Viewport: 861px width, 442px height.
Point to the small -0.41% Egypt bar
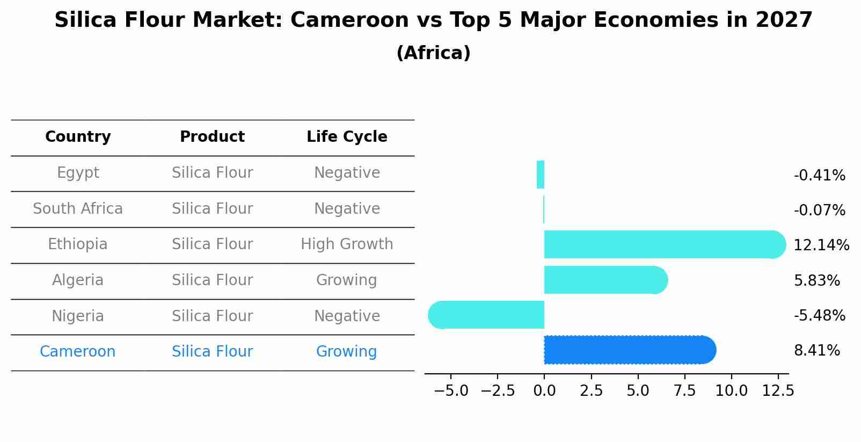click(541, 175)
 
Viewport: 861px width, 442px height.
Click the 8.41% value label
click(816, 351)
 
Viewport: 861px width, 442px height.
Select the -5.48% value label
click(819, 316)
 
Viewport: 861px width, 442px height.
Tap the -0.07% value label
click(819, 211)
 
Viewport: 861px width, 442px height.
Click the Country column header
click(78, 137)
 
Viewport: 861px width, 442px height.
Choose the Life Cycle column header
click(347, 137)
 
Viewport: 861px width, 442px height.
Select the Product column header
click(212, 137)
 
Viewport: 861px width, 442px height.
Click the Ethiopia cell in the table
click(78, 244)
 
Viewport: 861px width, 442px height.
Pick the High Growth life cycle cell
click(347, 244)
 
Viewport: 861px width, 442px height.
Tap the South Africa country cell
click(78, 209)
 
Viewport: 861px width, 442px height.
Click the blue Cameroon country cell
click(78, 352)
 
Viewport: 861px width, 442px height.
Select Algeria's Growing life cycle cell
click(347, 280)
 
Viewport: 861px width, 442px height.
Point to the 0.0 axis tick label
click(544, 391)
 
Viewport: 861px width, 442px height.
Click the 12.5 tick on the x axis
click(778, 391)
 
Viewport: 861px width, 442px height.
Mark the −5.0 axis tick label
click(451, 391)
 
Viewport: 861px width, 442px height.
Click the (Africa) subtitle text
click(433, 53)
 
